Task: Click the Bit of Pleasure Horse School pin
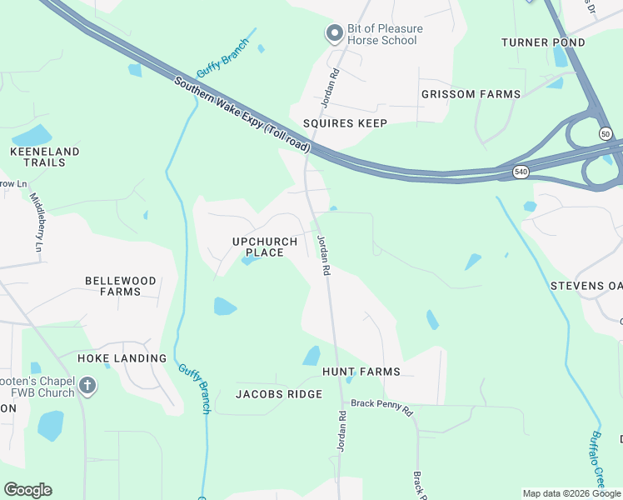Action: pos(334,33)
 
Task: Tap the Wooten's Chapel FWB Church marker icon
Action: pos(87,386)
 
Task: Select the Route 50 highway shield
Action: pos(605,133)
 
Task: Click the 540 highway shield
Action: pos(521,172)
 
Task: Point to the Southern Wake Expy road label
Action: pos(242,115)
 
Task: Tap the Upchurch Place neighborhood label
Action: pos(264,247)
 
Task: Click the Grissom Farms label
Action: pos(471,94)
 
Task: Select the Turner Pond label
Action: pos(536,42)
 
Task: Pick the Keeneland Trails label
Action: pos(44,157)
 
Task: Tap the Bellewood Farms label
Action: pos(120,286)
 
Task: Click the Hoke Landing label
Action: pos(122,358)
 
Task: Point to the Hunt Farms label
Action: pos(361,372)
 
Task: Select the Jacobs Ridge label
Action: pos(278,394)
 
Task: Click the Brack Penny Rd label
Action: pos(381,407)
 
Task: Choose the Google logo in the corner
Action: pos(27,490)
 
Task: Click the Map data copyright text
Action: pos(571,493)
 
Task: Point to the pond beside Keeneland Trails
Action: pos(31,135)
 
